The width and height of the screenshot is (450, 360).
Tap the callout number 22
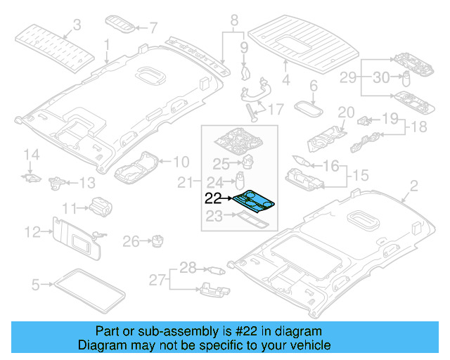click(213, 199)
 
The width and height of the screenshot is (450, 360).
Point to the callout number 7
click(153, 28)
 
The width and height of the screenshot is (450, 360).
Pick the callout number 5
click(36, 285)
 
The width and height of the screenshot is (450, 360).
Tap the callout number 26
click(131, 242)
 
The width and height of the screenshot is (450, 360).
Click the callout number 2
click(413, 186)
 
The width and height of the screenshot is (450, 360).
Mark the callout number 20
click(345, 112)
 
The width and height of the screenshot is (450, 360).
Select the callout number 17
click(274, 109)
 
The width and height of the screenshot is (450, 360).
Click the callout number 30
click(380, 77)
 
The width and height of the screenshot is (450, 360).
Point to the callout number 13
click(86, 184)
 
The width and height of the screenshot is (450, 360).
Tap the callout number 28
click(188, 266)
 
